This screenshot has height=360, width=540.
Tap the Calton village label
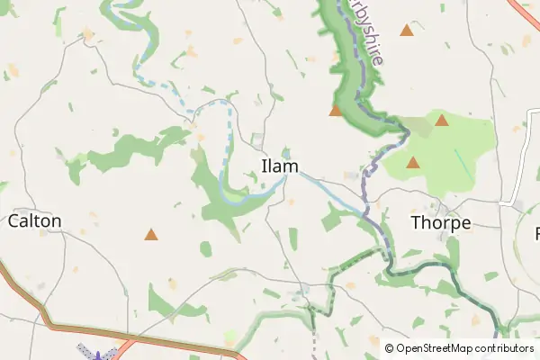[x=35, y=220]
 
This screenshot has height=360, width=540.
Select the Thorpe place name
[x=441, y=221]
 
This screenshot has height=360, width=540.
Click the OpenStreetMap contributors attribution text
[x=459, y=347]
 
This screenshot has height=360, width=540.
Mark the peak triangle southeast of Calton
[x=151, y=235]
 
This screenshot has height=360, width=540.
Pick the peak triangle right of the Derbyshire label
[x=407, y=31]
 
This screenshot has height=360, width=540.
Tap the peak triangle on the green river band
[x=336, y=111]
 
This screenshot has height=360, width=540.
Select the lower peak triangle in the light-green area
[x=413, y=163]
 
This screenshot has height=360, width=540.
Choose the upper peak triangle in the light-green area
[x=441, y=120]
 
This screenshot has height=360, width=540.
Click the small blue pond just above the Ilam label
[x=286, y=151]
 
